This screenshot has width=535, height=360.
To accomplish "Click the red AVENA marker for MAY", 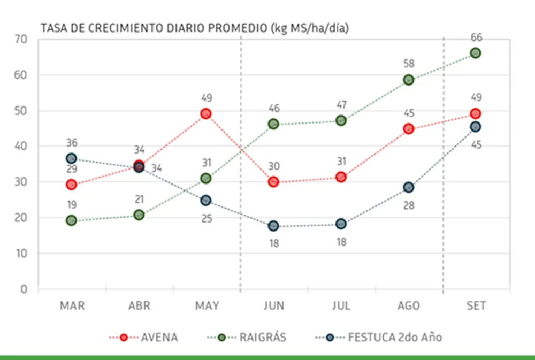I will pyautogui.click(x=206, y=113).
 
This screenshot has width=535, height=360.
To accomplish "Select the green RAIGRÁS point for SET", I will pyautogui.click(x=475, y=53).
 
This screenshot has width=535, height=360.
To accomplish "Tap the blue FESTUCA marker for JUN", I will pyautogui.click(x=273, y=226).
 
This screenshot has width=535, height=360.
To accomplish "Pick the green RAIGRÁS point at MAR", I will pyautogui.click(x=71, y=220).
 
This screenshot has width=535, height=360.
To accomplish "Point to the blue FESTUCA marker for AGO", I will pyautogui.click(x=409, y=187).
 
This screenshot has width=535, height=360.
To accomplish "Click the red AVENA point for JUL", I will pyautogui.click(x=341, y=177).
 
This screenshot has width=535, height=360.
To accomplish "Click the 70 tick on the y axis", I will pyautogui.click(x=21, y=40).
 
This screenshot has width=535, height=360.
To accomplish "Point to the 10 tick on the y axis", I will pyautogui.click(x=21, y=254).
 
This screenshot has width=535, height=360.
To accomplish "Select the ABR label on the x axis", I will pyautogui.click(x=139, y=306).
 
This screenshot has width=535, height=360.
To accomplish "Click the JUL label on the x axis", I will pyautogui.click(x=341, y=306).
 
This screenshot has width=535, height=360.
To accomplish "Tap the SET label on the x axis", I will pyautogui.click(x=476, y=306).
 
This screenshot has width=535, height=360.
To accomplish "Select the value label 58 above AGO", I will pyautogui.click(x=408, y=64).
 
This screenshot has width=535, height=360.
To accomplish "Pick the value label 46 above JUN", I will pyautogui.click(x=273, y=109).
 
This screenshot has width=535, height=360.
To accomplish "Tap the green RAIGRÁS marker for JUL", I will pyautogui.click(x=341, y=120).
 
